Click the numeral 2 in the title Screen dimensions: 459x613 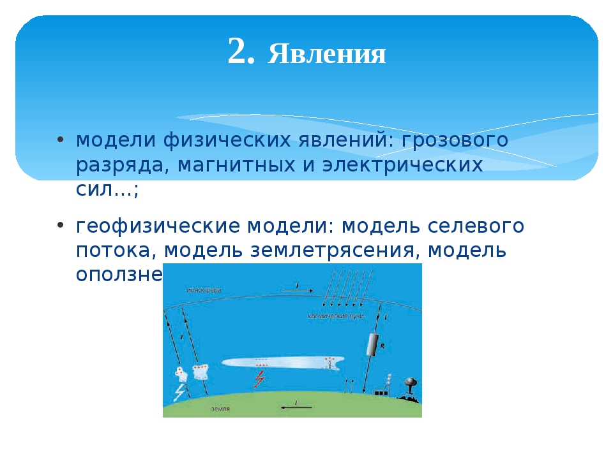241,52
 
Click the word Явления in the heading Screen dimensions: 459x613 327,55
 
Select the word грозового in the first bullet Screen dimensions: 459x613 455,140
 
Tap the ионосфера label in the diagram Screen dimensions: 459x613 204,290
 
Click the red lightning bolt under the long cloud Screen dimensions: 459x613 259,379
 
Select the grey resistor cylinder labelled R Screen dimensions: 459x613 372,345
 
